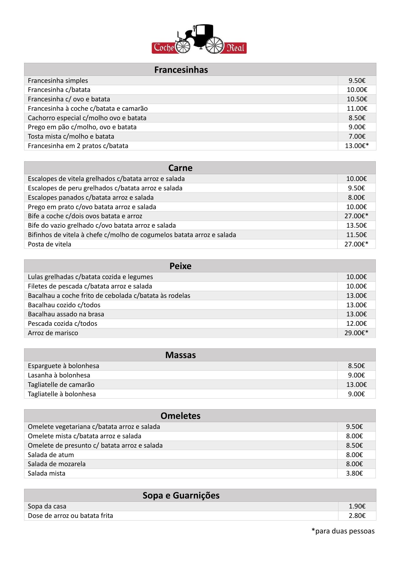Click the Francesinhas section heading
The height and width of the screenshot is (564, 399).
[x=181, y=70]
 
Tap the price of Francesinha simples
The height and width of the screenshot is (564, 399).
[x=357, y=80]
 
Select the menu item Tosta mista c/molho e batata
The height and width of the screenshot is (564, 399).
[x=71, y=136]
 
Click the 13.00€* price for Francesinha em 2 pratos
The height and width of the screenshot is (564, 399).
[x=357, y=146]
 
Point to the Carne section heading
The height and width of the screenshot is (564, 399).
[x=180, y=168]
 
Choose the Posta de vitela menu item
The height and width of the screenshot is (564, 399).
[x=49, y=244]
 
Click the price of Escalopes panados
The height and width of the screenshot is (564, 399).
[x=356, y=197]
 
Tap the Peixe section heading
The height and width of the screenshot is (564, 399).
[x=180, y=266]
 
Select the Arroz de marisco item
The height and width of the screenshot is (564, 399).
[x=53, y=333]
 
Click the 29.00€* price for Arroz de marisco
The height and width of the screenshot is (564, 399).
[x=356, y=333]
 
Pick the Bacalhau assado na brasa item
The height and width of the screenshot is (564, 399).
[x=66, y=314]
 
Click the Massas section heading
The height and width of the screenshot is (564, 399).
[x=180, y=355]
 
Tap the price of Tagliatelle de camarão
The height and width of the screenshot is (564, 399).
[x=356, y=385]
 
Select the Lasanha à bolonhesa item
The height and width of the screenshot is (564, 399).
[x=59, y=375]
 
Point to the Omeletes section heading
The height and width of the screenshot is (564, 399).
[x=180, y=416]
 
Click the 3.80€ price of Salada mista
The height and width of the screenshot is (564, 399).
[x=354, y=473]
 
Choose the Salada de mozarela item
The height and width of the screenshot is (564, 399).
[x=56, y=464]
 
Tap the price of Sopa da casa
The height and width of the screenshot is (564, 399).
[x=357, y=506]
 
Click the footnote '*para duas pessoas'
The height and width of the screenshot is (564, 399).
[x=343, y=531]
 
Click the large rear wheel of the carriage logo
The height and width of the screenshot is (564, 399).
[x=214, y=45]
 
